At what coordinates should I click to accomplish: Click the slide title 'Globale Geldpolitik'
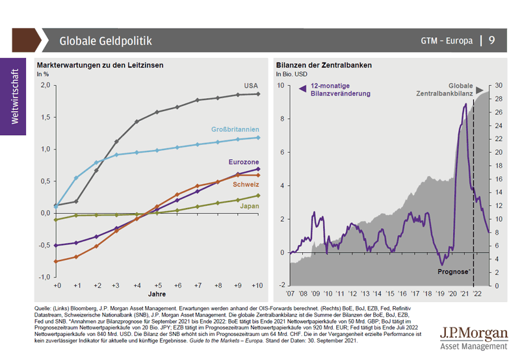pos(105,41)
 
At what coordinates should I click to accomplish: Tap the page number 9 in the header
pos(491,40)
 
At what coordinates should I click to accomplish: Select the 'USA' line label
pos(251,86)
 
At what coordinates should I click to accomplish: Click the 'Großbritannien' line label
pos(235,129)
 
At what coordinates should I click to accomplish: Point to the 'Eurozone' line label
pos(244,162)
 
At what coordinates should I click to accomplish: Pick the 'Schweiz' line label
pos(246,185)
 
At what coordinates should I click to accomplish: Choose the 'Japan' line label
pos(250,207)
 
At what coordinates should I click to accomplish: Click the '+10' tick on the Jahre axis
pos(258,286)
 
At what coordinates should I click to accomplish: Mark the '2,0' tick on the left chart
pos(45,85)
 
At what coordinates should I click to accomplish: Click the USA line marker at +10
pos(259,94)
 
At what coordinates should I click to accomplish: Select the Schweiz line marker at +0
pos(57,261)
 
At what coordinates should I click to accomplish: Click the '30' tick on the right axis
pos(499,85)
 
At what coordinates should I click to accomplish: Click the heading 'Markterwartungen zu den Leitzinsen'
pos(99,66)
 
